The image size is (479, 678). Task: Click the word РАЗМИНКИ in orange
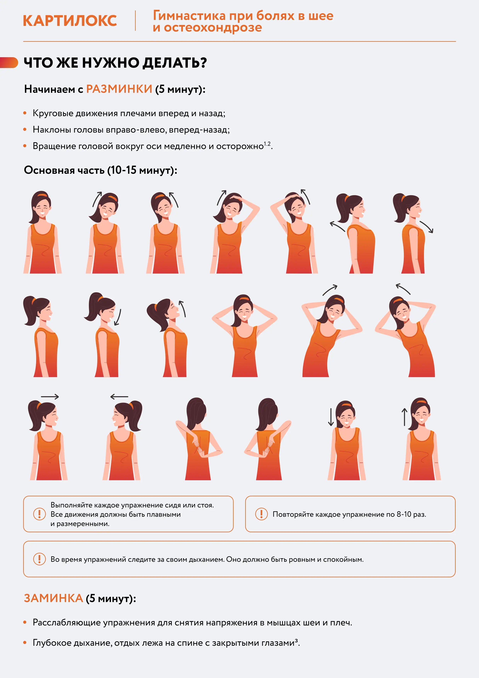coord(119,89)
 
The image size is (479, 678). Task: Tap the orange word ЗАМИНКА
coord(53,598)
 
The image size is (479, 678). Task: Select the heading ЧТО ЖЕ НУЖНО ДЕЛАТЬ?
coord(115,63)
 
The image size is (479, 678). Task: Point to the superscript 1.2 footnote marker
coord(267,144)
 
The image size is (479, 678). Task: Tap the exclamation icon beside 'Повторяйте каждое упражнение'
coord(261,514)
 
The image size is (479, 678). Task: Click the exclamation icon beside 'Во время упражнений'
coord(39,559)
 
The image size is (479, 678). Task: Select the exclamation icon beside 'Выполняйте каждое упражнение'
coord(39,514)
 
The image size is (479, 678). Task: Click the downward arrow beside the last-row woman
coord(331,417)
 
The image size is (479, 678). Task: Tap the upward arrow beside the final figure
coord(404,417)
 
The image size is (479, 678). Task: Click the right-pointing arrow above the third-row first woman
coord(50,397)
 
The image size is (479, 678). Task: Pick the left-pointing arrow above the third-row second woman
coord(119,397)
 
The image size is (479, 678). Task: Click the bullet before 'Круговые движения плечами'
coord(25,113)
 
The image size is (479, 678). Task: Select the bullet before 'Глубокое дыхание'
coord(25,643)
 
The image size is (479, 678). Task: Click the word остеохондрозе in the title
coord(213,27)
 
